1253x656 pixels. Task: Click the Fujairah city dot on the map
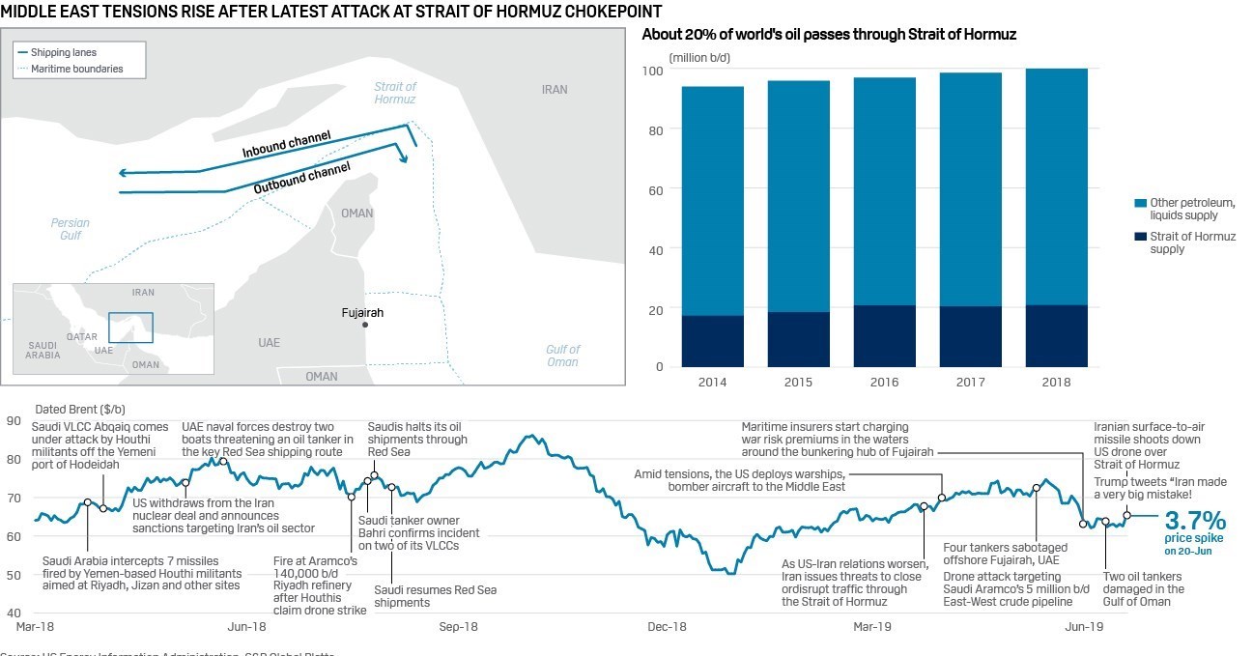[x=366, y=325]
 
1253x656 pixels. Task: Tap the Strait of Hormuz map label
[x=395, y=93]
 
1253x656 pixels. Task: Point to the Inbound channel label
[x=286, y=144]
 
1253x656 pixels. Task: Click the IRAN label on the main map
[x=555, y=89]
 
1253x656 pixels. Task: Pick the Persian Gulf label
[x=70, y=229]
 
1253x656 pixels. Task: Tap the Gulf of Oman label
[x=562, y=356]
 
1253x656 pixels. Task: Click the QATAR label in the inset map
[x=81, y=336]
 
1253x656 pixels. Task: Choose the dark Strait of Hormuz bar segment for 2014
[x=712, y=341]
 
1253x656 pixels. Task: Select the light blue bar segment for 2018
[x=1056, y=186]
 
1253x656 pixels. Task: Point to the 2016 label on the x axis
[x=884, y=383]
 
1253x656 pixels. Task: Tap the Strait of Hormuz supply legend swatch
[x=1141, y=237]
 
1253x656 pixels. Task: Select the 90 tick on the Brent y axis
[x=13, y=420]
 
